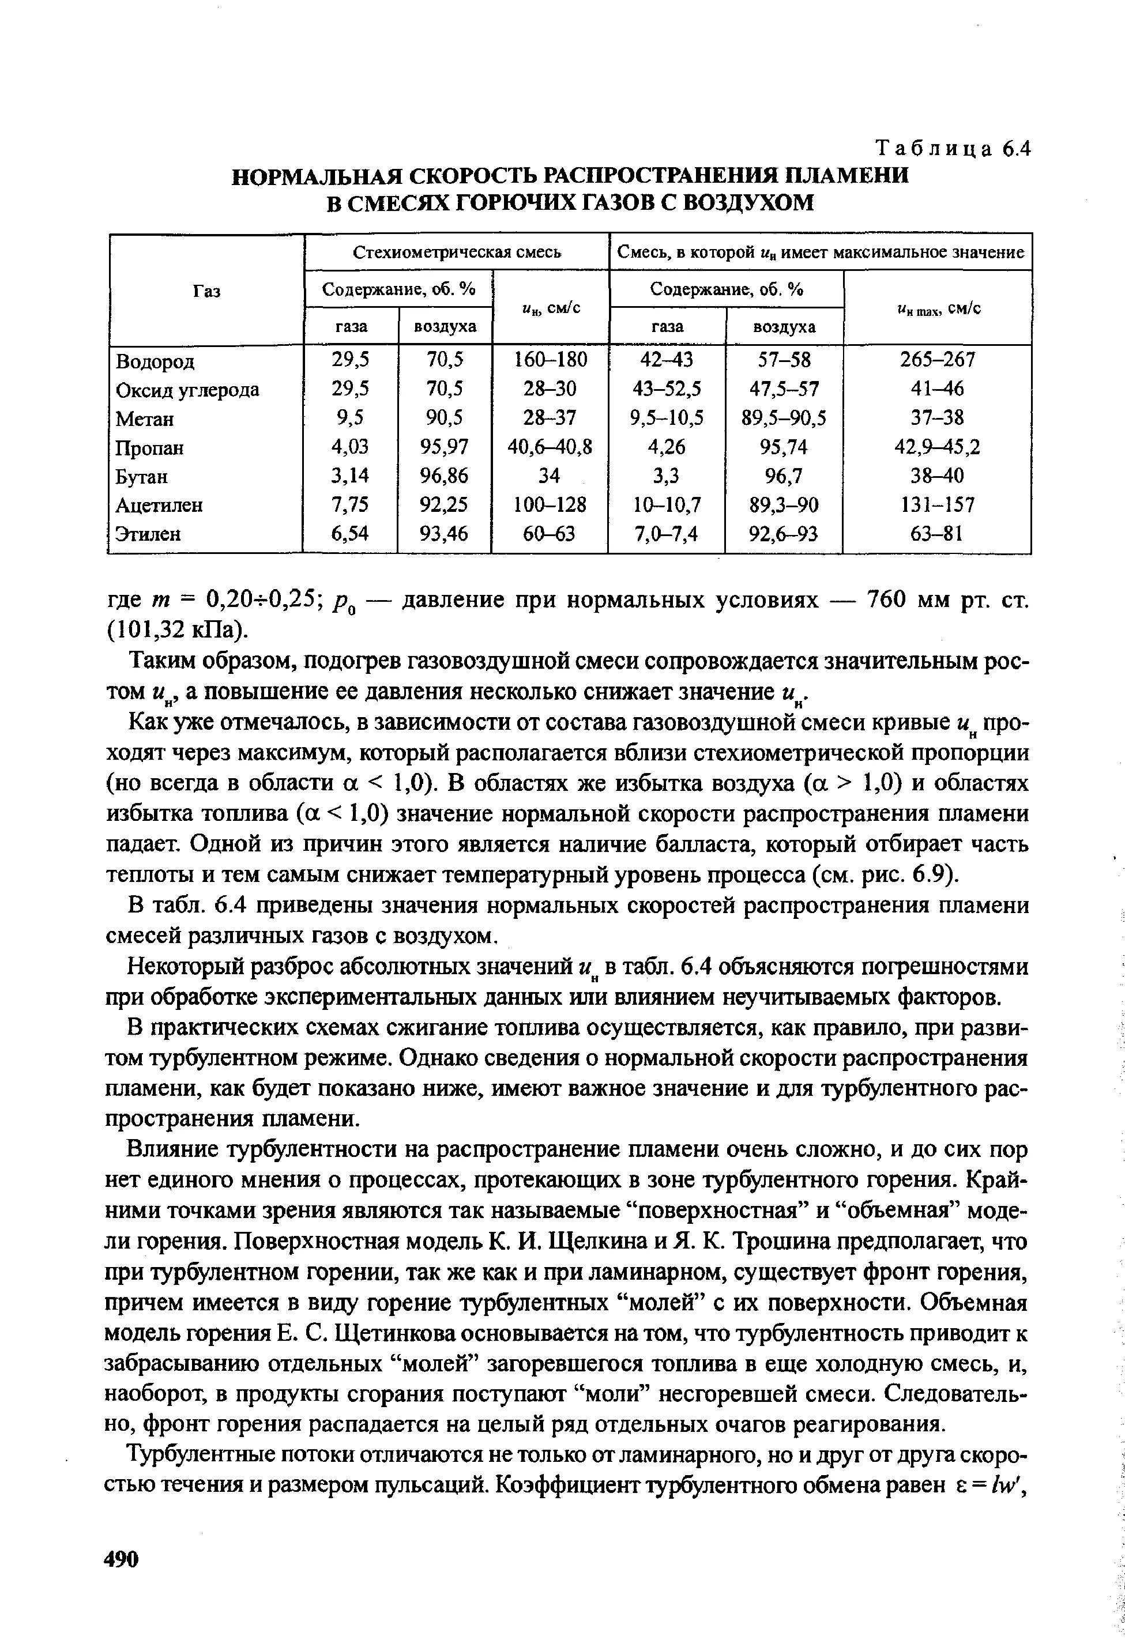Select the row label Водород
(x=155, y=362)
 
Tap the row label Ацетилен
(x=160, y=506)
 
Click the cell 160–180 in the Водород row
(x=550, y=361)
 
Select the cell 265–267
(x=937, y=361)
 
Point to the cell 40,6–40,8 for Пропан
(x=550, y=447)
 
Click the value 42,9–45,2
(x=937, y=447)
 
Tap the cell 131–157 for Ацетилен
(x=937, y=506)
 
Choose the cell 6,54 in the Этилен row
(x=351, y=534)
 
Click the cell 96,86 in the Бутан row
(x=445, y=476)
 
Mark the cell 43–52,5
(x=667, y=390)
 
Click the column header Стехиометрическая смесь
(x=457, y=252)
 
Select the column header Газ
(x=206, y=291)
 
